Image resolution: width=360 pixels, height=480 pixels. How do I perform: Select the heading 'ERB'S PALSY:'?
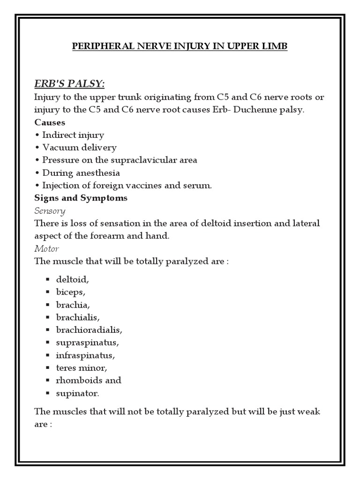70,83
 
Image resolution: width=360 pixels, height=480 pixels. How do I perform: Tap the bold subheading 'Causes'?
50,122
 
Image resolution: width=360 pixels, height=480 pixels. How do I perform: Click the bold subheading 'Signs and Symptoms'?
81,198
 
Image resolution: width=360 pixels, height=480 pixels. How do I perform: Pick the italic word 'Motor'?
47,248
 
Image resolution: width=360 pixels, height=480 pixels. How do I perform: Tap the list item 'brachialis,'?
78,317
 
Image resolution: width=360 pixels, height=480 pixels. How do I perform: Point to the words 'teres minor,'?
80,367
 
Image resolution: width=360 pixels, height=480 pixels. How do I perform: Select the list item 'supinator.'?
78,393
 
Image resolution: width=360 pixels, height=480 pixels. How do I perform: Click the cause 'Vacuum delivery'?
79,147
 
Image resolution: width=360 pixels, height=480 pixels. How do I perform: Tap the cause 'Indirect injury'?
73,135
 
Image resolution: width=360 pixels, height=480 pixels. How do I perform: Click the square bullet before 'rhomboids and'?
47,380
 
